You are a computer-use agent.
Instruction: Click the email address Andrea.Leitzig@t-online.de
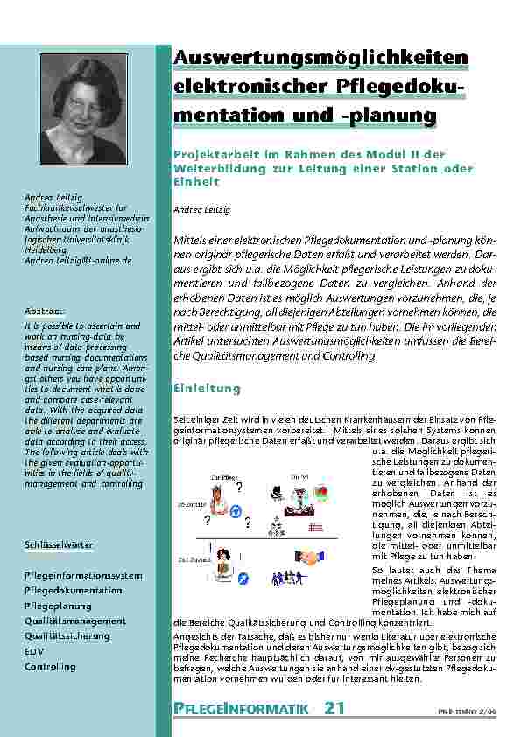click(79, 261)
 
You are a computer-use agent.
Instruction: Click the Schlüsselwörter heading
click(59, 545)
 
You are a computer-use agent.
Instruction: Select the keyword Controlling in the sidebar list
click(50, 666)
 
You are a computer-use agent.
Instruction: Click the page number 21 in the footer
click(334, 707)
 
